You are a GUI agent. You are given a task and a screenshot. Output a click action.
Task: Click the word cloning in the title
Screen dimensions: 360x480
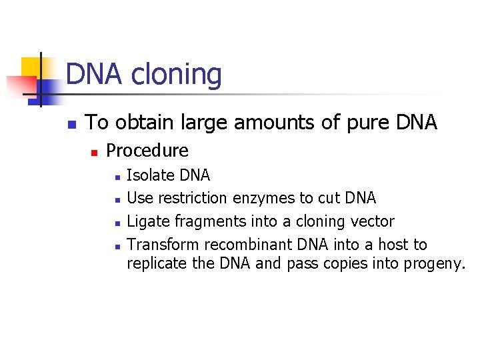pyautogui.click(x=177, y=74)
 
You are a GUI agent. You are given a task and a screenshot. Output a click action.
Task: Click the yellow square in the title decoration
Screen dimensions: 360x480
pyautogui.click(x=31, y=67)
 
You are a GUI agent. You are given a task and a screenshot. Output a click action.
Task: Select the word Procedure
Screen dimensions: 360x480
pyautogui.click(x=147, y=151)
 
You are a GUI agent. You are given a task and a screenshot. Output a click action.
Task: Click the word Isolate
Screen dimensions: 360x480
pyautogui.click(x=150, y=175)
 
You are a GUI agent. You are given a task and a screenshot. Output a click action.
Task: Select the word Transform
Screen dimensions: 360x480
pyautogui.click(x=163, y=244)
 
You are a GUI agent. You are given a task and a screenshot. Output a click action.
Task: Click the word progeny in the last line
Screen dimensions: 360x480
pyautogui.click(x=434, y=264)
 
